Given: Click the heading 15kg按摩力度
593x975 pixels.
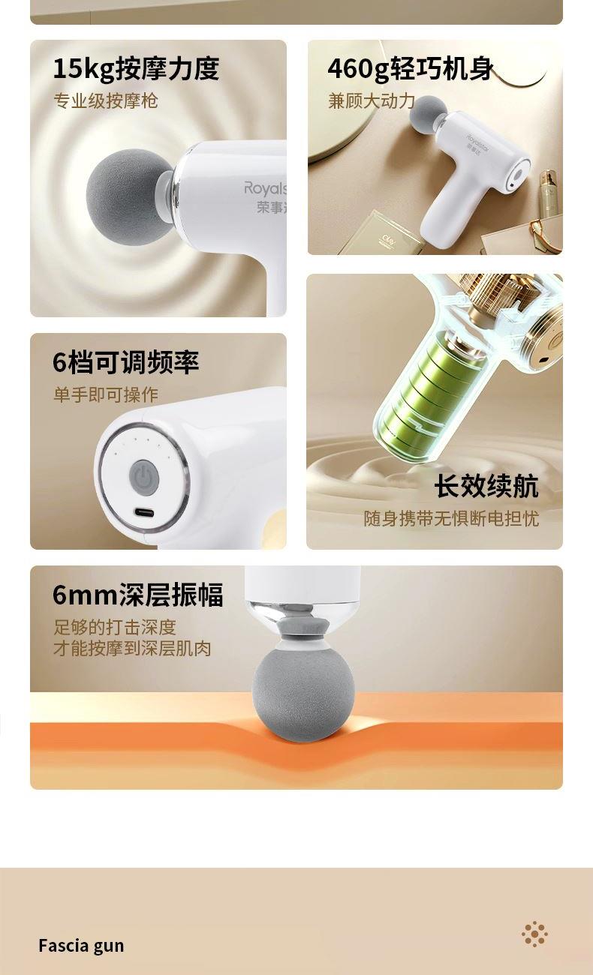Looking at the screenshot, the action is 136,69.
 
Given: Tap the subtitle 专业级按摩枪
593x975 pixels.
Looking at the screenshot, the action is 106,101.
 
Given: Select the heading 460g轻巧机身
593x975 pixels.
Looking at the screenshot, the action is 411,69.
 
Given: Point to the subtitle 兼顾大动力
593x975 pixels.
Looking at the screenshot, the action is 372,101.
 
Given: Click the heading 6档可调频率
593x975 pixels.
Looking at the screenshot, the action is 126,362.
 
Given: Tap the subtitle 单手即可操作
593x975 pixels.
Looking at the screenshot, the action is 106,394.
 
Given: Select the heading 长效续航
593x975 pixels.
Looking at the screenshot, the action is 486,486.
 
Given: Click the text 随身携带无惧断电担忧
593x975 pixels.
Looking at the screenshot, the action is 451,518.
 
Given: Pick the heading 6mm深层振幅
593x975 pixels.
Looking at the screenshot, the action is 138,595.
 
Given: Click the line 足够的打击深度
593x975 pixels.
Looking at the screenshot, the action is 115,627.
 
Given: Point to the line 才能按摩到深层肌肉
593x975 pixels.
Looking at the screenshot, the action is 132,649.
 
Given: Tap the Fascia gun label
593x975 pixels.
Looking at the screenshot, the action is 81,946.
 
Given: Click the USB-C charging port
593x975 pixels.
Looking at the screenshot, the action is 144,512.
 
